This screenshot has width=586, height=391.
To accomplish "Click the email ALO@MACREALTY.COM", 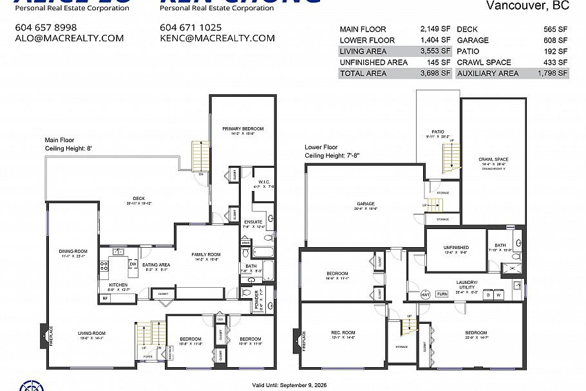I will tap(69, 38).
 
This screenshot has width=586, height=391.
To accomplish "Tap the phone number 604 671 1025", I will tap(191, 27).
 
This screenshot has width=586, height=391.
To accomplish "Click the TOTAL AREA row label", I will tap(363, 74).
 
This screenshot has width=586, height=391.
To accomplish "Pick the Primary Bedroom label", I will tap(243, 128).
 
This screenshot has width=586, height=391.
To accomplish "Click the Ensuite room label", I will tap(253, 221).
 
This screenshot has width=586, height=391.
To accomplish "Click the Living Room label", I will tap(91, 333).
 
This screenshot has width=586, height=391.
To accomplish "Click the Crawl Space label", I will tap(493, 159).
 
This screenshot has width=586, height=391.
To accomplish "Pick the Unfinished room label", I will tap(456, 248).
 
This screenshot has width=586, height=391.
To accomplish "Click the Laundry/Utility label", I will tap(467, 284).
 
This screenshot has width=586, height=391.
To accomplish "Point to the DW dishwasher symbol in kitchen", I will tap(132, 264).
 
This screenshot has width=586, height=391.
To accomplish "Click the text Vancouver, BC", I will tap(527, 6).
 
